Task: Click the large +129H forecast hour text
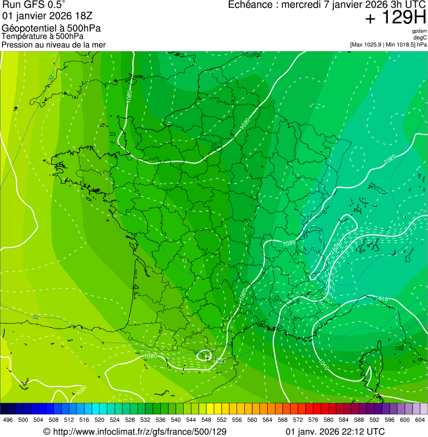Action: [396, 18]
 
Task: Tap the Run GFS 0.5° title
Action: [34, 5]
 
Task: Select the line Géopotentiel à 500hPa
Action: [51, 28]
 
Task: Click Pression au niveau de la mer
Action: [53, 44]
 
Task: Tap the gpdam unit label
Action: [420, 31]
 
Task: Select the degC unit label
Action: [420, 37]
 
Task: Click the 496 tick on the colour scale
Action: [8, 420]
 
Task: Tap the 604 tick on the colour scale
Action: [420, 420]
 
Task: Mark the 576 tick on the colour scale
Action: [313, 420]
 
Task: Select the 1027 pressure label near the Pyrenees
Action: [219, 361]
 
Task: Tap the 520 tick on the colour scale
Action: [100, 420]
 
